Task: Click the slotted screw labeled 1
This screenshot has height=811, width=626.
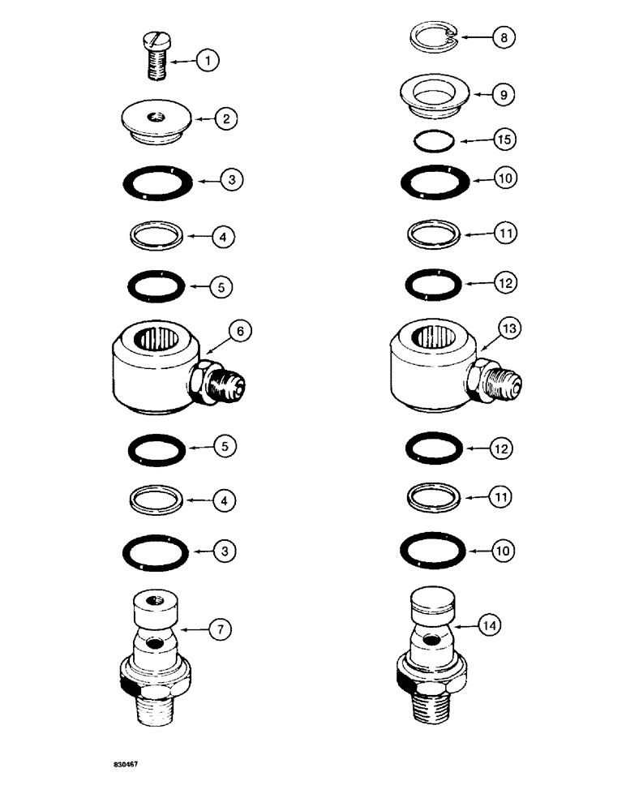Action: pyautogui.click(x=156, y=54)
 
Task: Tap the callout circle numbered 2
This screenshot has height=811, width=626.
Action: pyautogui.click(x=226, y=119)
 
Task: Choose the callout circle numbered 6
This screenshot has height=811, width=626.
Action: pyautogui.click(x=240, y=330)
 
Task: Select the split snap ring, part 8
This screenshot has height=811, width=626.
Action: pyautogui.click(x=434, y=37)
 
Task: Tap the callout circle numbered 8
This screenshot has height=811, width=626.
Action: pyautogui.click(x=504, y=37)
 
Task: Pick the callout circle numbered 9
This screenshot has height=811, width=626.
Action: pyautogui.click(x=504, y=94)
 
